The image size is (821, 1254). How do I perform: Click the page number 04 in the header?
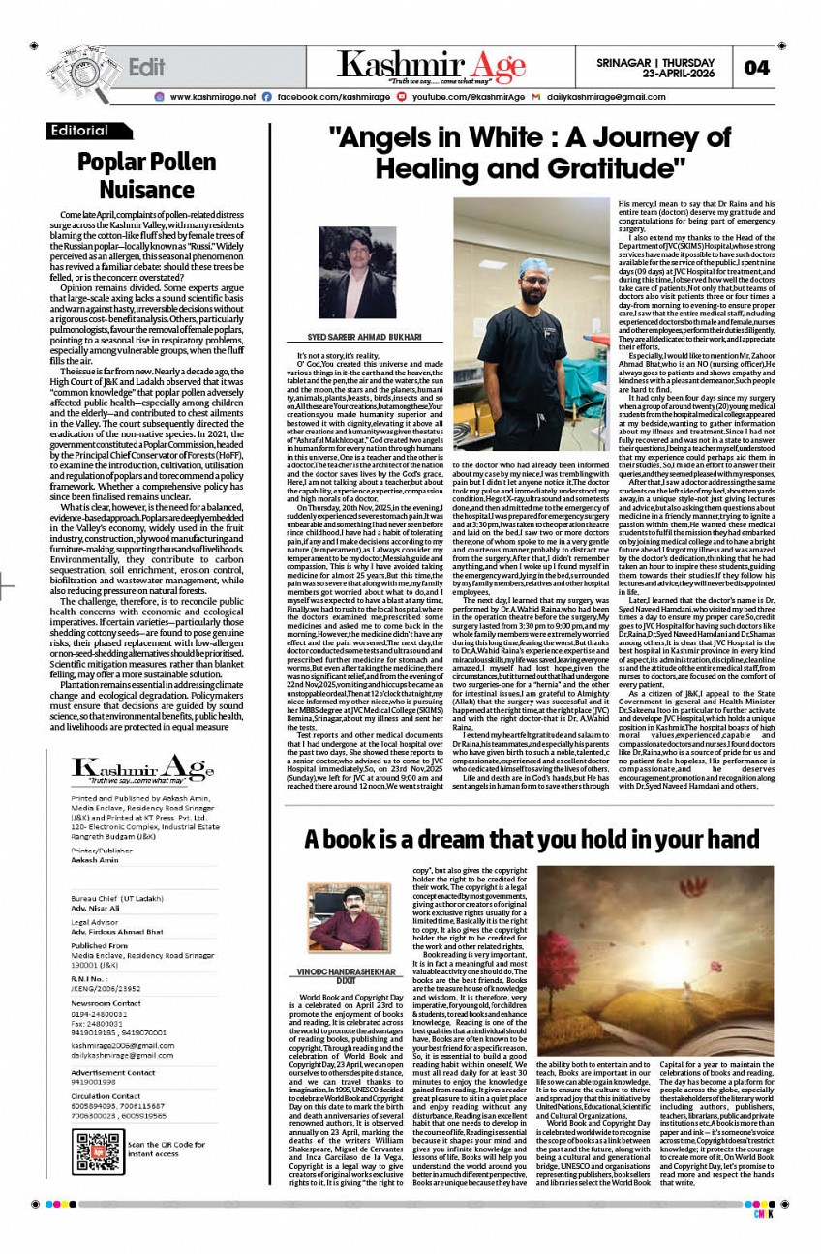point(757,67)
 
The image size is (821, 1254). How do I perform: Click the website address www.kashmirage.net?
point(212,97)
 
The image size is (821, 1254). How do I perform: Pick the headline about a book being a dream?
point(532,838)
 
